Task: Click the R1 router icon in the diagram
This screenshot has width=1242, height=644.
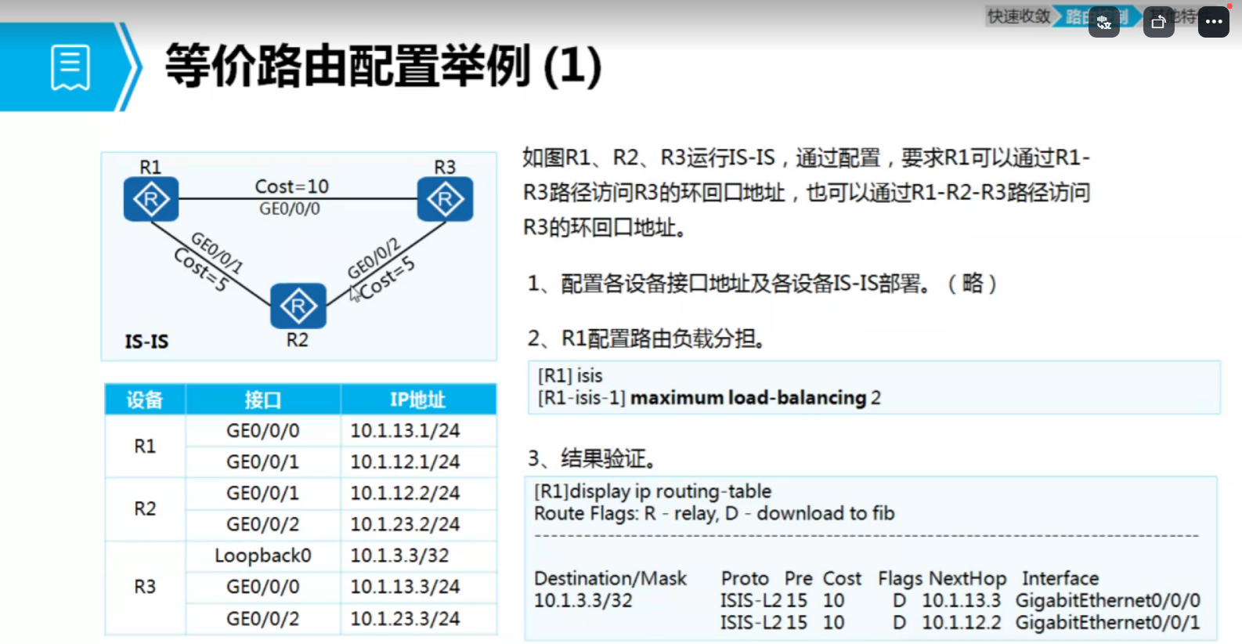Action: pos(151,199)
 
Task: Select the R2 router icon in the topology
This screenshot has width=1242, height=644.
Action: pos(298,306)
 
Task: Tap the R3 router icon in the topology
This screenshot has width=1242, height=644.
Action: pos(445,199)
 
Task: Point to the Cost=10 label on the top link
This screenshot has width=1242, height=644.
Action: pos(291,186)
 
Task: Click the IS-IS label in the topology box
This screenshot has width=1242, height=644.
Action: pos(146,342)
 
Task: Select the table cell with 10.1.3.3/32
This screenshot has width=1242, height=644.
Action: pos(399,555)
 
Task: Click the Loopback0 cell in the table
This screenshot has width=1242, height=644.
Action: pos(263,555)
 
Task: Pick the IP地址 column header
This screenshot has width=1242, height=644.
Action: pos(417,400)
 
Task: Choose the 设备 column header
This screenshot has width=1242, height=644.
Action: pos(145,400)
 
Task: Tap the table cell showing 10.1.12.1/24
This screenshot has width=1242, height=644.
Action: pos(405,461)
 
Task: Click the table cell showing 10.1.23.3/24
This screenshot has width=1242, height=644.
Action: pos(405,618)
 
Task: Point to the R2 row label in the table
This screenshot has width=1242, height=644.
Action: pos(145,508)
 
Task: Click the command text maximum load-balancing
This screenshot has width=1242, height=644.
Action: pos(748,398)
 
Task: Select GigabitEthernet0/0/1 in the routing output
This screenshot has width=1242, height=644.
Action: pos(1107,622)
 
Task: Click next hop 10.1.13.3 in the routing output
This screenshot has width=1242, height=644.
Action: pos(961,600)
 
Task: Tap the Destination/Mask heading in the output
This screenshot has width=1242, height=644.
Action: pos(610,578)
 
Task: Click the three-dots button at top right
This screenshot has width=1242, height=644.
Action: pos(1214,22)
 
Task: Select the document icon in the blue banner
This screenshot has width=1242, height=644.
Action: pos(70,67)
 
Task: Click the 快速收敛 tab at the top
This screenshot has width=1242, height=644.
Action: pos(1018,16)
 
